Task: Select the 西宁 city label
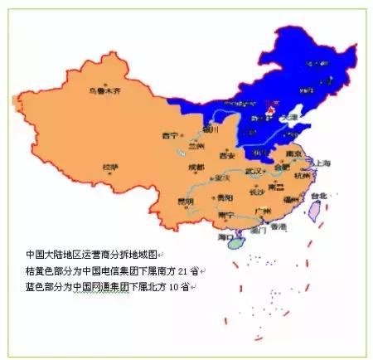[x=171, y=135]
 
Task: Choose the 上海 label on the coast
[x=322, y=163]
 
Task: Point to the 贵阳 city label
[x=224, y=197]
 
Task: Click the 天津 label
[x=288, y=119]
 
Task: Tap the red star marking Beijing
[x=269, y=105]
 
